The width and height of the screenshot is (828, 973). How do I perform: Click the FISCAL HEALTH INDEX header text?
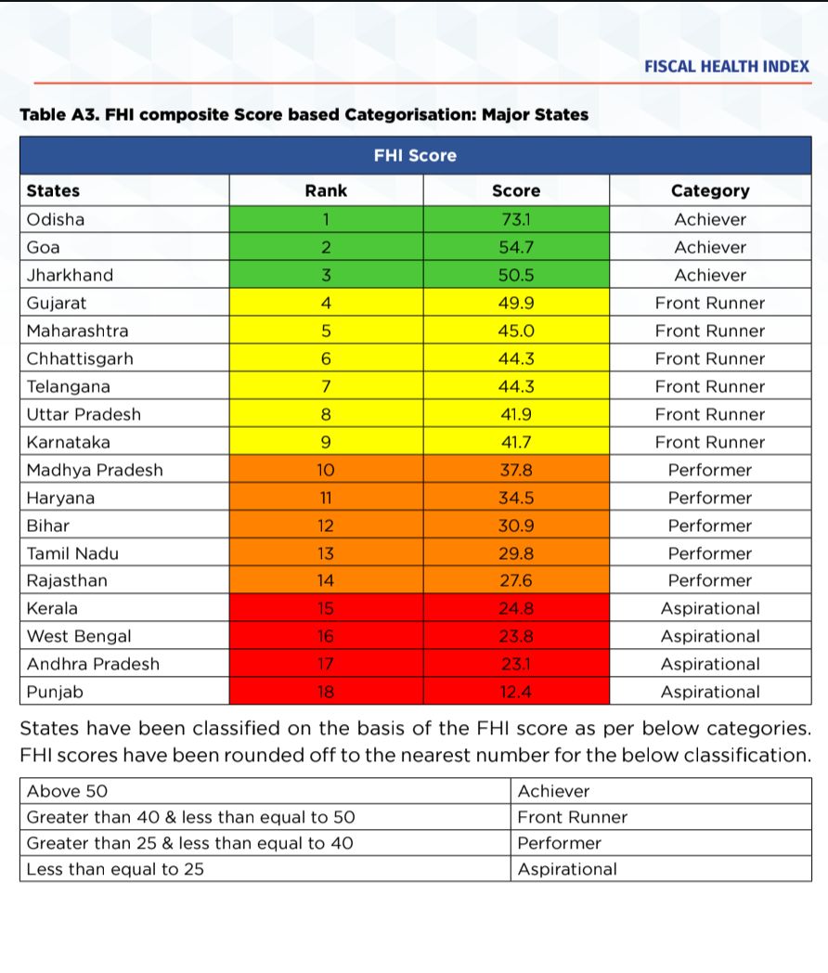[726, 67]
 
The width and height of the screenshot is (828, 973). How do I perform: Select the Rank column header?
[326, 191]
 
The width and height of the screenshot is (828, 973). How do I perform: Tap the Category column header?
[710, 191]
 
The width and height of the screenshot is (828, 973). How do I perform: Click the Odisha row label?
[56, 220]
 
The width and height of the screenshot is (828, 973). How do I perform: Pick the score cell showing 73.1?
[516, 220]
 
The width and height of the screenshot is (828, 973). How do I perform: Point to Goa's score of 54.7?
[516, 248]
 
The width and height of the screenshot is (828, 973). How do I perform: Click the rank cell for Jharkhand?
[326, 276]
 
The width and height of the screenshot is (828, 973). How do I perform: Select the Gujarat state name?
[57, 304]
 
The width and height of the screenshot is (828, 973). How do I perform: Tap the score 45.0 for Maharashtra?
[516, 331]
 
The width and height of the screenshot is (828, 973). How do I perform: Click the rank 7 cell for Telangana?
[326, 387]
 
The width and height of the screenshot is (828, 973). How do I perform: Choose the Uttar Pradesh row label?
[84, 414]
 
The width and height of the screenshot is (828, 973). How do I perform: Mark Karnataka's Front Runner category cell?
[710, 442]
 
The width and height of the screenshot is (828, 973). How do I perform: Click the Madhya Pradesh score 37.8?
[516, 470]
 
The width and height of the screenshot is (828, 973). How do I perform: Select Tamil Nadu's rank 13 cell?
[326, 553]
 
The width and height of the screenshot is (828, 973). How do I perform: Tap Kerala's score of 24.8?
[516, 609]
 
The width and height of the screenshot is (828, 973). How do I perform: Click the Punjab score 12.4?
[516, 692]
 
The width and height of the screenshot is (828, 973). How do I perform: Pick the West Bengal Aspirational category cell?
[710, 637]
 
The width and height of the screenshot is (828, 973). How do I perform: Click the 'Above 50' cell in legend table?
[68, 792]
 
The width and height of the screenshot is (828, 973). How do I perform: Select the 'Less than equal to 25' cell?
[116, 870]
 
